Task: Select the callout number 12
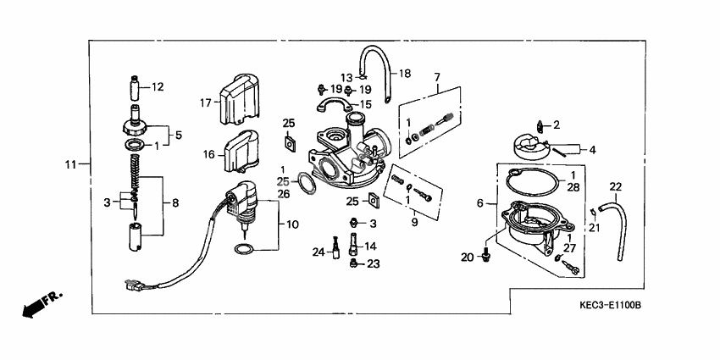pos(158,86)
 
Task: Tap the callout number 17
pos(204,103)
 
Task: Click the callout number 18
pos(404,73)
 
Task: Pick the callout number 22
pos(616,186)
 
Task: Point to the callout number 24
pos(318,251)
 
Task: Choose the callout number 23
pos(374,264)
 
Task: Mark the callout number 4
pos(592,150)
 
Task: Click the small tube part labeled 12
pos(133,87)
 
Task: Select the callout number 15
pos(366,104)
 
